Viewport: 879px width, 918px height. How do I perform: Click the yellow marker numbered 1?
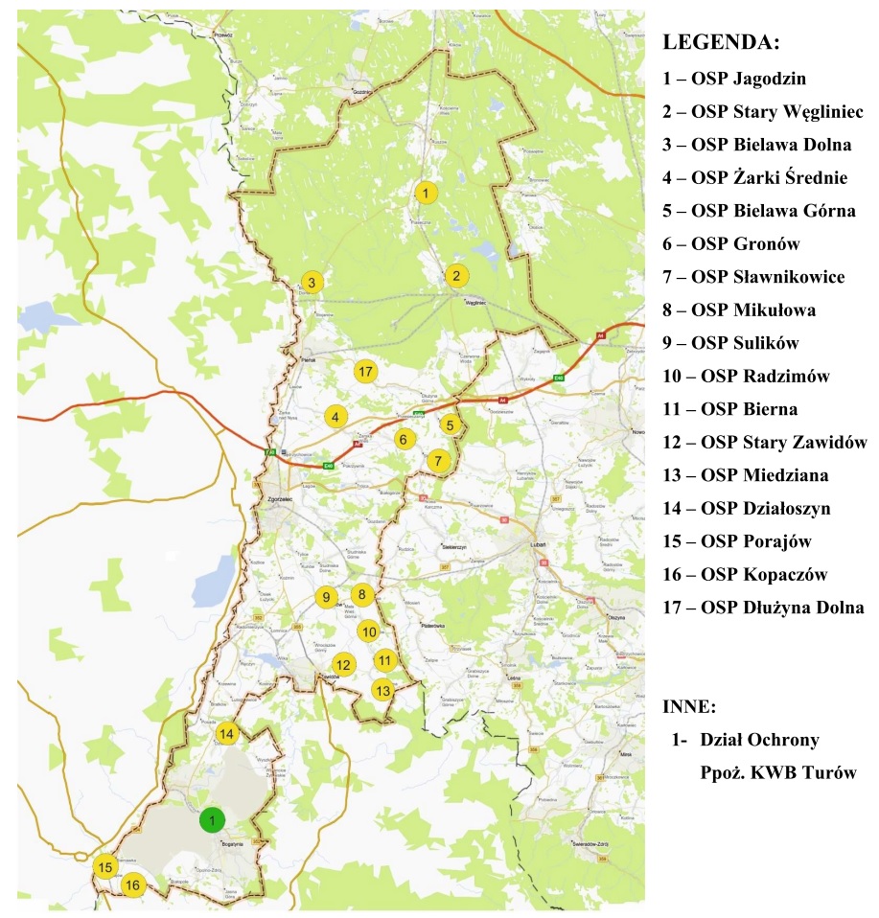pyautogui.click(x=424, y=193)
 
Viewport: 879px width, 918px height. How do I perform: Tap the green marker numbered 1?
pyautogui.click(x=212, y=820)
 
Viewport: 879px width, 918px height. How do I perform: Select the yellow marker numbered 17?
pyautogui.click(x=364, y=371)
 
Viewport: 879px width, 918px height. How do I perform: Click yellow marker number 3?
pyautogui.click(x=311, y=283)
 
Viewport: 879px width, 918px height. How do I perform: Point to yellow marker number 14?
pyautogui.click(x=226, y=734)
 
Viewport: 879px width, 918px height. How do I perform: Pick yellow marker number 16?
pyautogui.click(x=132, y=884)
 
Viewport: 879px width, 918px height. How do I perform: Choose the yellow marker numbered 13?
pyautogui.click(x=383, y=689)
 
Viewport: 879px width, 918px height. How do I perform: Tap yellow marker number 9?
pyautogui.click(x=326, y=597)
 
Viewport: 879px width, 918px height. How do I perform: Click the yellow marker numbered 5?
pyautogui.click(x=451, y=425)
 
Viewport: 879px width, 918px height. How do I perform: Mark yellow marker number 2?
pyautogui.click(x=456, y=276)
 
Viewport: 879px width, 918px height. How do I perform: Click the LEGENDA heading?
pyautogui.click(x=721, y=44)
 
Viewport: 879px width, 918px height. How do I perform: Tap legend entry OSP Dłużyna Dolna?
pyautogui.click(x=763, y=608)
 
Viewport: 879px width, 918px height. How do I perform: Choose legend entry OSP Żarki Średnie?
pyautogui.click(x=754, y=177)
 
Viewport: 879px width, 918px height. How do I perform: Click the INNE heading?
pyautogui.click(x=689, y=707)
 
